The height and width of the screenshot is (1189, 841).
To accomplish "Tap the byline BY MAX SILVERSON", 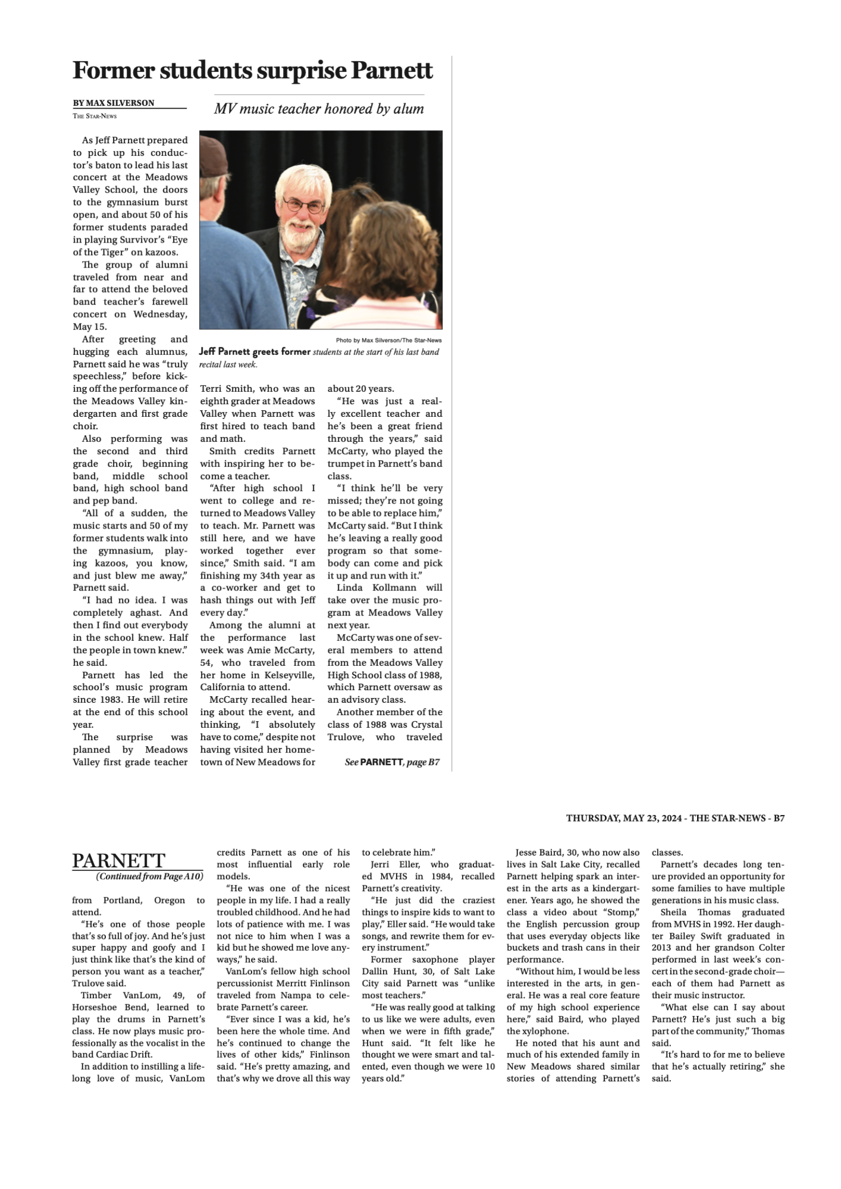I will click(x=114, y=103).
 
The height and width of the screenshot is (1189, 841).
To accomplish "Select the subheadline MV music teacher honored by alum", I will click(x=319, y=109).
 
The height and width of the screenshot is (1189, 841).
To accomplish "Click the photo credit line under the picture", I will click(x=388, y=341).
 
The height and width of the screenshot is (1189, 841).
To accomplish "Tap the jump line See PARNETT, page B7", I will click(x=392, y=762).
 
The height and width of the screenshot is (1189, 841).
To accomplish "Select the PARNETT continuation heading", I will click(x=118, y=860).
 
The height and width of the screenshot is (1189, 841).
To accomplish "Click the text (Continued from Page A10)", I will click(x=149, y=876).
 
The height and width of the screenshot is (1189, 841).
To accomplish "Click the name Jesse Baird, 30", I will click(x=553, y=853).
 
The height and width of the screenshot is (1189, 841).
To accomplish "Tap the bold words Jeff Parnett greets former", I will click(x=255, y=351).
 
